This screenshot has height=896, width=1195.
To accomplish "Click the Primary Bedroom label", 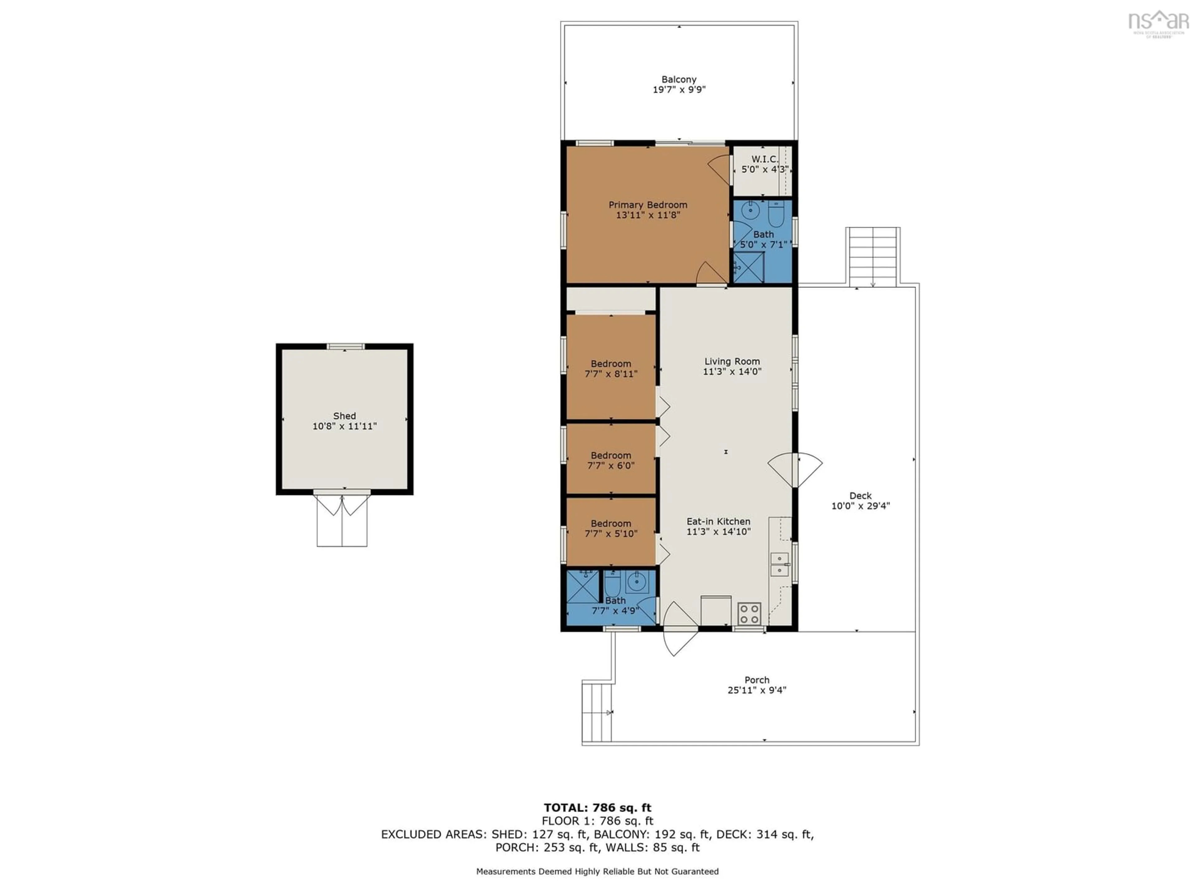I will [x=648, y=205].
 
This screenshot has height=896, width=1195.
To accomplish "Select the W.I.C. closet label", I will [x=764, y=159].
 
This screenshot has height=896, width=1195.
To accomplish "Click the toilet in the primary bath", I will [x=776, y=214].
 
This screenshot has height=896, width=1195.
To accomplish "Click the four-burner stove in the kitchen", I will [x=749, y=614].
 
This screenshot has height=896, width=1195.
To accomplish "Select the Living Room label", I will [x=732, y=361].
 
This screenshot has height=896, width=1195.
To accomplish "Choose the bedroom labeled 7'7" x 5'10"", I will [x=611, y=528].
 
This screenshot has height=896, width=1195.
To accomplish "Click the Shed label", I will [x=344, y=416].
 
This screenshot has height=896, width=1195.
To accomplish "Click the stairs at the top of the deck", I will [x=873, y=257].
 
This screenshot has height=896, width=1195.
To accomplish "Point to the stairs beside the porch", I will [x=597, y=712].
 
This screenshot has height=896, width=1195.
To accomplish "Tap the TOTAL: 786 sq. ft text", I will [x=597, y=807].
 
